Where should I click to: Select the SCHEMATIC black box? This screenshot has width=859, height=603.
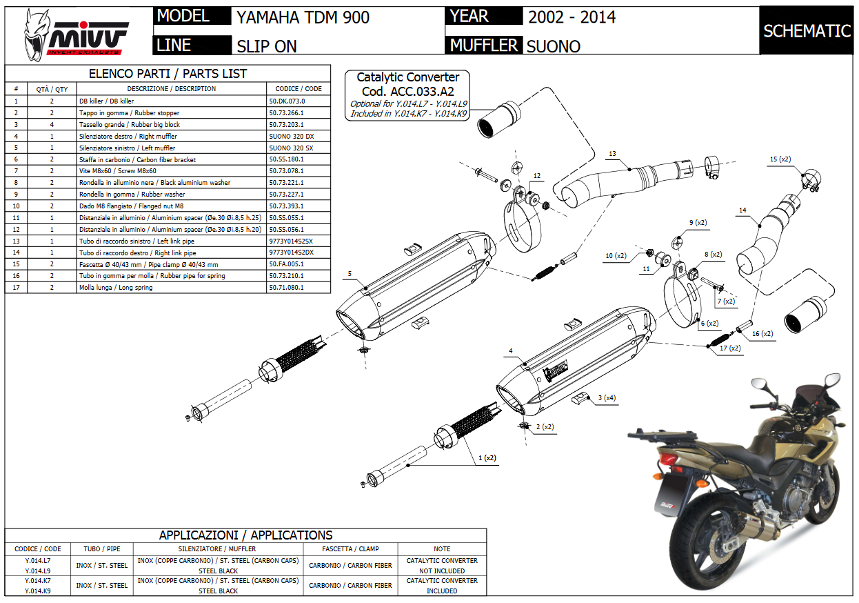point(807,31)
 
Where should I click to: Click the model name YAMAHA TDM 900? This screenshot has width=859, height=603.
point(303,17)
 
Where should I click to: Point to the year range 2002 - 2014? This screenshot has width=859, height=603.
point(572,17)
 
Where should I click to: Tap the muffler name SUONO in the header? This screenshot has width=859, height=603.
point(553,46)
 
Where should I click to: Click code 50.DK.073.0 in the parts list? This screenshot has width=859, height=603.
point(287,101)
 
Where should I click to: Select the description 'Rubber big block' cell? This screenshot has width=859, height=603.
point(130,124)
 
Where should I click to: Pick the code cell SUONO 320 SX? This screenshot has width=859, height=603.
point(291,148)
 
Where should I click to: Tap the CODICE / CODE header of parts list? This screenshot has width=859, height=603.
point(299,88)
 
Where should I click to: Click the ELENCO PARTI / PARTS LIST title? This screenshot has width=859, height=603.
point(168,74)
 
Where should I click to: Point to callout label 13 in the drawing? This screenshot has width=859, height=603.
point(612,153)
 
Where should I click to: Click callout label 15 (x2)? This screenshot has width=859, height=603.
point(780,159)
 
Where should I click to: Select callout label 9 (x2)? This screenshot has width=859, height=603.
point(698,223)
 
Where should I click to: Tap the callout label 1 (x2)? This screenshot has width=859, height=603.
point(487,457)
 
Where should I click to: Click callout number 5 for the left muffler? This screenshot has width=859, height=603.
point(350,274)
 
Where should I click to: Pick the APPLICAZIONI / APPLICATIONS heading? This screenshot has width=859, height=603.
point(245,535)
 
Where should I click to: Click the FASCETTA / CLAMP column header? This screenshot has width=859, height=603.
point(350,549)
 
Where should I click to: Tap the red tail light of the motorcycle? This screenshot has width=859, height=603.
point(669,459)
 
